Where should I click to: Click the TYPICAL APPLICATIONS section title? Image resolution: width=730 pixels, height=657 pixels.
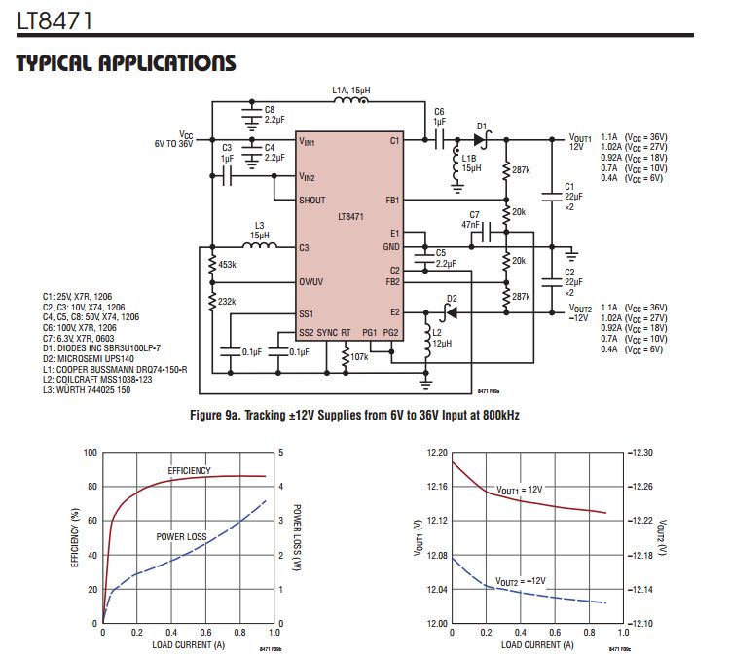126,63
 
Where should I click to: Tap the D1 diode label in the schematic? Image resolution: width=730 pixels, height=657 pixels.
481,126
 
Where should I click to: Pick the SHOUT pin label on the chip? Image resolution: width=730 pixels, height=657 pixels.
312,200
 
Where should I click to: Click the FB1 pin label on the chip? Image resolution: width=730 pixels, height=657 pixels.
393,200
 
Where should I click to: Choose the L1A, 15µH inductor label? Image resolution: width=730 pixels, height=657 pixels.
350,91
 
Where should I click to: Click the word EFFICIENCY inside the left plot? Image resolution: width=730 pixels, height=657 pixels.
189,470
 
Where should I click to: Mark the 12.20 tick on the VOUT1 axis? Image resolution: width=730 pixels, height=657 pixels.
435,453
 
